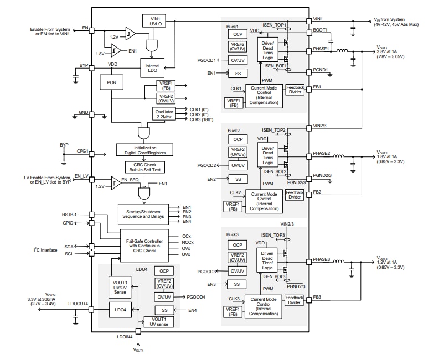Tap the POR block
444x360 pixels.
pyautogui.click(x=111, y=82)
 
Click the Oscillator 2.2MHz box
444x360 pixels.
pyautogui.click(x=164, y=114)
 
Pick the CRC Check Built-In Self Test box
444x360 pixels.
pyautogui.click(x=145, y=168)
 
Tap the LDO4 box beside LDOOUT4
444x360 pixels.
pyautogui.click(x=120, y=310)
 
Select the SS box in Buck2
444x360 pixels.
pyautogui.click(x=238, y=179)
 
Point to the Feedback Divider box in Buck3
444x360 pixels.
pyautogui.click(x=294, y=299)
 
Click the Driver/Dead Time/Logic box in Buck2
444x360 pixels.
pyautogui.click(x=268, y=155)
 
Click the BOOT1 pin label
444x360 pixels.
pyautogui.click(x=320, y=30)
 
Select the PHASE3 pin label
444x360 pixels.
pyautogui.click(x=321, y=259)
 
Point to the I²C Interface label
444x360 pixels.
pyautogui.click(x=45, y=251)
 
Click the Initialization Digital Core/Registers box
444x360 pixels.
pyautogui.click(x=145, y=149)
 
